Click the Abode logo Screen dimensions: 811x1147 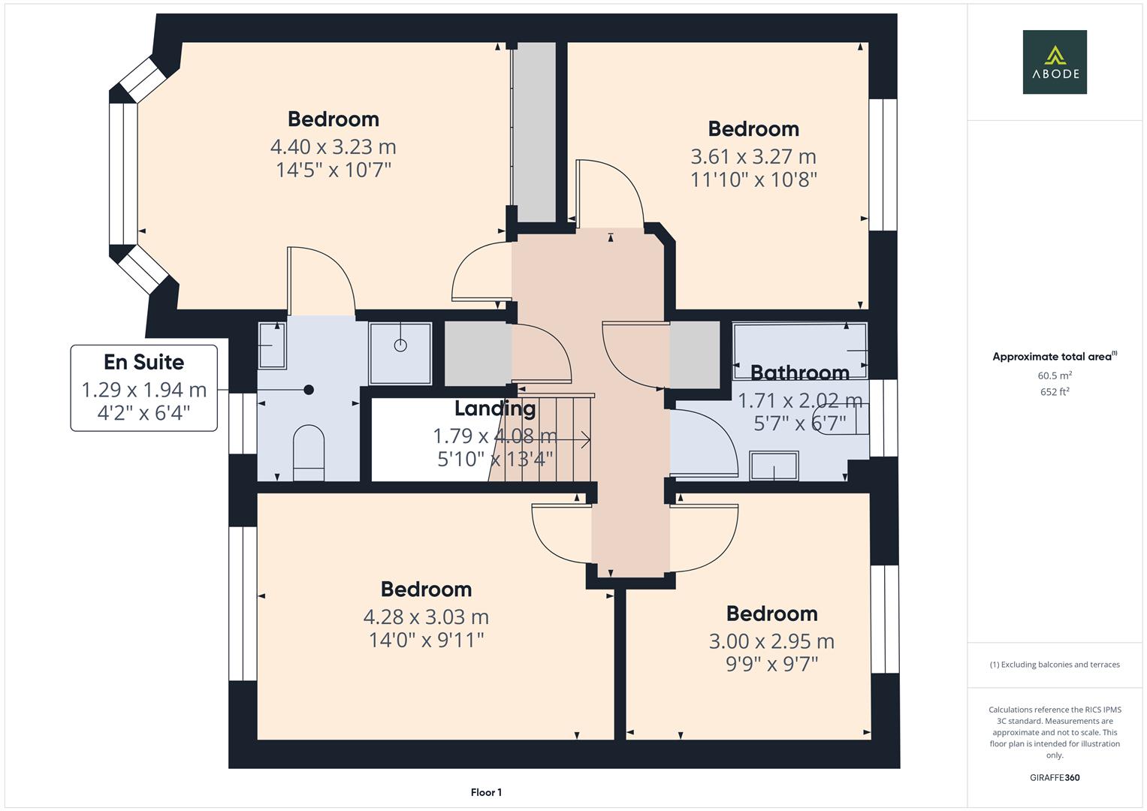[x=1054, y=62]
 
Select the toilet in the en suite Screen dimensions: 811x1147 [x=308, y=453]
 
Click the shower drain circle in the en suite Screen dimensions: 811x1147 [x=400, y=345]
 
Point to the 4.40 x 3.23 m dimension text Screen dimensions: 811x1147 [x=333, y=146]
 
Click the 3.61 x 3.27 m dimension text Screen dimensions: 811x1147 [x=753, y=156]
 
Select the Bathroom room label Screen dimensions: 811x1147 [x=799, y=372]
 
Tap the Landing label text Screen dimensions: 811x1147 [x=494, y=409]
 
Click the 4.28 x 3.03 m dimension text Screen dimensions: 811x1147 [x=426, y=617]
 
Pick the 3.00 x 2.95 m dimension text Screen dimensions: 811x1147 [x=771, y=641]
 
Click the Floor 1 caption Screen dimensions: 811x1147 [x=486, y=792]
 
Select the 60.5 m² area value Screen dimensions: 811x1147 [x=1055, y=375]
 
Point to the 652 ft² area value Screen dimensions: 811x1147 [x=1055, y=391]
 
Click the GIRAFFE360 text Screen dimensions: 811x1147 [x=1055, y=777]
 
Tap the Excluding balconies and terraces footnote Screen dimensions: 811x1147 [x=1055, y=665]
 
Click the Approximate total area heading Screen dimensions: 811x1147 [x=1054, y=357]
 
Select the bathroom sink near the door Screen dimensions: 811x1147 [x=774, y=465]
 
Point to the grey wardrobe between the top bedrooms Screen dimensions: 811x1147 [x=534, y=131]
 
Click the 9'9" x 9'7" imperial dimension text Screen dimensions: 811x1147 [x=771, y=664]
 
